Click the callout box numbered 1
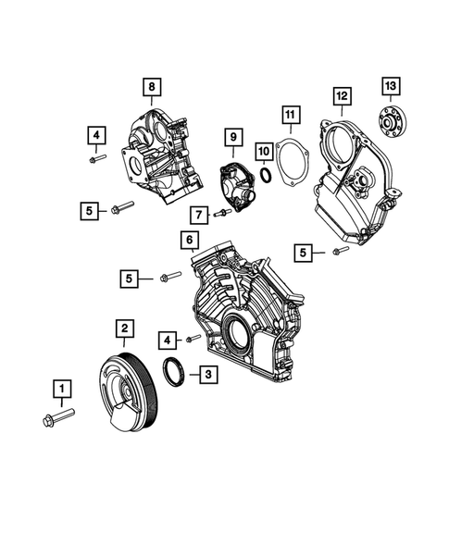63,389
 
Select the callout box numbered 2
123,328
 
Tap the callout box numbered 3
208,375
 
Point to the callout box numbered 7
197,215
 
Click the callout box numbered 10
264,150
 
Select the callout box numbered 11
289,115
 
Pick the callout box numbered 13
390,88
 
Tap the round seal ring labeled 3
173,373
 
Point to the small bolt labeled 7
222,215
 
